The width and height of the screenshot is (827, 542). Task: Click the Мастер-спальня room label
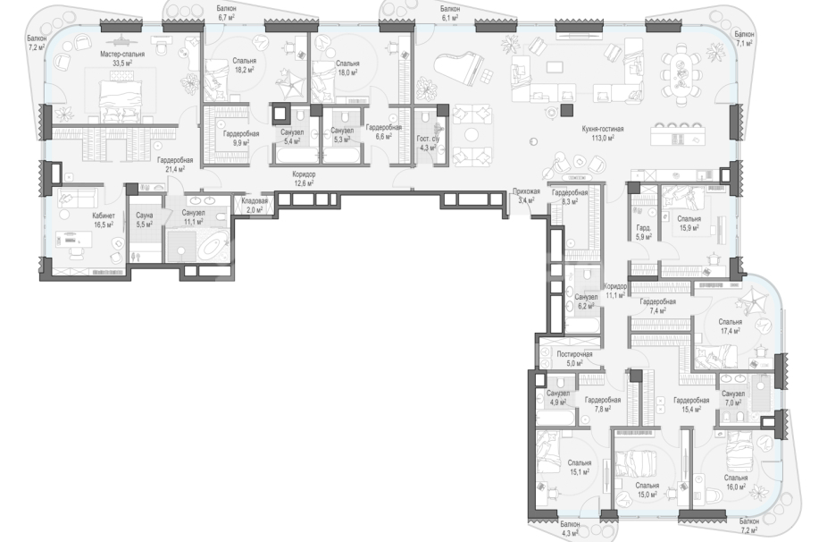(x=122, y=54)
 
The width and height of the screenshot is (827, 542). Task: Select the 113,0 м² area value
(x=603, y=138)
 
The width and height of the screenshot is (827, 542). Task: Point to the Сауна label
(x=144, y=216)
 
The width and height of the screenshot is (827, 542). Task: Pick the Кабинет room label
(x=104, y=216)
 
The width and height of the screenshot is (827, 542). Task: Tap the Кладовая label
(x=255, y=201)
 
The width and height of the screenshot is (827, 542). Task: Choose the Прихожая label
(x=526, y=191)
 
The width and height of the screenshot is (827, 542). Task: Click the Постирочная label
(x=574, y=354)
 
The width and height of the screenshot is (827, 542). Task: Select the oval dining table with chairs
(x=681, y=74)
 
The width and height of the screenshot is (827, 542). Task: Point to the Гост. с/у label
(x=428, y=139)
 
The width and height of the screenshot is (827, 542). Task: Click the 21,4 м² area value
(x=175, y=169)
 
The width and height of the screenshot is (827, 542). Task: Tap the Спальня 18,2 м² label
(x=244, y=65)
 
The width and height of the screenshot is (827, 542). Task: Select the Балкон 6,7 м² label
(x=226, y=13)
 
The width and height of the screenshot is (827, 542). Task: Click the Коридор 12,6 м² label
(x=305, y=179)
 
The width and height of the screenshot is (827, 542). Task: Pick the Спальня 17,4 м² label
(x=730, y=326)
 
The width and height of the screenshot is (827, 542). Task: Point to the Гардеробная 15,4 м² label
(x=691, y=404)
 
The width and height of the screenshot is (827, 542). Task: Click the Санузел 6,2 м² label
(x=586, y=301)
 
